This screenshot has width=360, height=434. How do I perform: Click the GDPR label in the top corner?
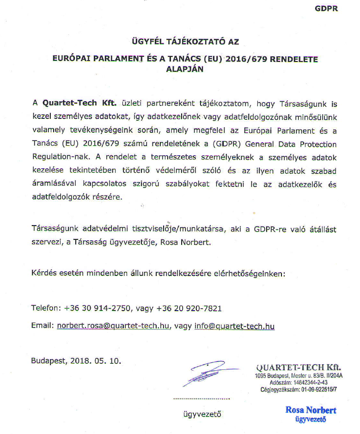326,9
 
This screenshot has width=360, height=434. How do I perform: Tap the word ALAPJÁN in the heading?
184,69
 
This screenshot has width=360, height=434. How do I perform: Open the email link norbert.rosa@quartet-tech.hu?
113,326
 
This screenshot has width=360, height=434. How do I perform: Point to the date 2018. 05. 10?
97,361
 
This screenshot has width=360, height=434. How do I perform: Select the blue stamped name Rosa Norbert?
311,410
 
